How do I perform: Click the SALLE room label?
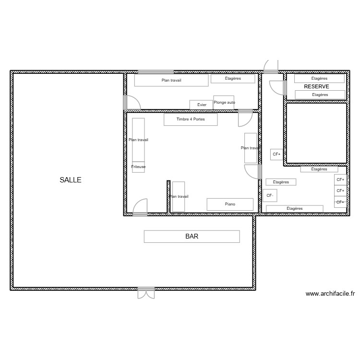(x=71, y=180)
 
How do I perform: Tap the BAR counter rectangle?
(x=192, y=236)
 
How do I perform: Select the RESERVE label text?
(x=316, y=87)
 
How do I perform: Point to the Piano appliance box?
(x=230, y=204)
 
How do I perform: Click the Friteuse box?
(x=138, y=167)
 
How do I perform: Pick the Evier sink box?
(x=202, y=105)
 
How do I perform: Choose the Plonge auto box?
(x=224, y=102)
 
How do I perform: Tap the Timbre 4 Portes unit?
(x=191, y=120)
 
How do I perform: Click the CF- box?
(x=269, y=195)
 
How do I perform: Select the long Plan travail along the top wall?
(x=171, y=80)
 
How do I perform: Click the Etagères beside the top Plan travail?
(x=233, y=78)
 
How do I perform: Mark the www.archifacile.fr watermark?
(x=330, y=294)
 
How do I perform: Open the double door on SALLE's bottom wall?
(x=146, y=292)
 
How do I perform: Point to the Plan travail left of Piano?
(x=179, y=197)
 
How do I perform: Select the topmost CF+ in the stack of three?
(x=340, y=180)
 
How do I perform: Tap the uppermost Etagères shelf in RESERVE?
(x=319, y=78)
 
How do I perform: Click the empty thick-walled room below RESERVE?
(x=316, y=132)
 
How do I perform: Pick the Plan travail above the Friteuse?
(x=138, y=140)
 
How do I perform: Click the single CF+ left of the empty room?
(x=276, y=154)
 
